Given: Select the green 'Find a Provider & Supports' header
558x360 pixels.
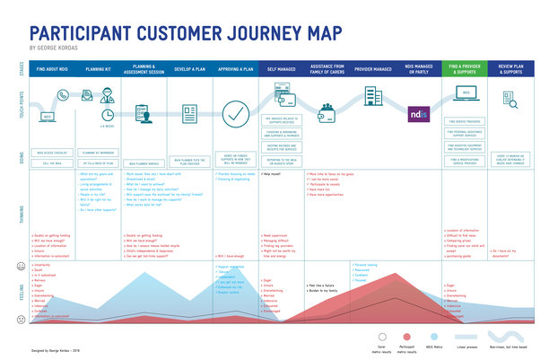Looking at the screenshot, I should (466, 68).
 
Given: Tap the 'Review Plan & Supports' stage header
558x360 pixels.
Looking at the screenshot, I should (511, 68).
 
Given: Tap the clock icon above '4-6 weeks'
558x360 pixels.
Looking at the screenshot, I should (107, 115).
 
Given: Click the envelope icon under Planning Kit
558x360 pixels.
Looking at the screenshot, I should (89, 115).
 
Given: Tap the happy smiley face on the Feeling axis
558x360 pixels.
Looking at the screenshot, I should (21, 267).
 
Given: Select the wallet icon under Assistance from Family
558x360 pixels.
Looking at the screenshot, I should (327, 110).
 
